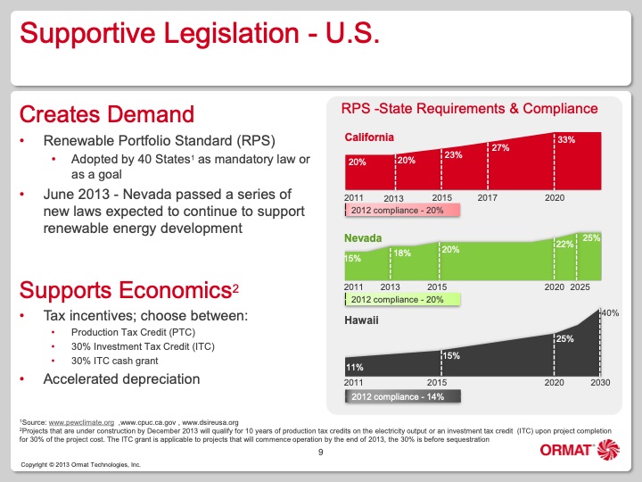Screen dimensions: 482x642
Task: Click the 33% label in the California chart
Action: coord(565,140)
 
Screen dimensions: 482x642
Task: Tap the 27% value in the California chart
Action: coord(499,147)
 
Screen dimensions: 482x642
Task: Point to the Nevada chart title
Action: coord(364,238)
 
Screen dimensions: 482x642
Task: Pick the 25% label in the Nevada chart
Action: coord(591,237)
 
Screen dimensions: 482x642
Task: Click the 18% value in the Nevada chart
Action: coord(402,253)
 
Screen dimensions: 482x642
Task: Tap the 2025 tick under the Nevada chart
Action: coord(580,287)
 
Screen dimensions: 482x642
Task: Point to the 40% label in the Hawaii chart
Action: coord(611,312)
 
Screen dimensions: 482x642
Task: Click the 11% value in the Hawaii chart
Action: coord(355,367)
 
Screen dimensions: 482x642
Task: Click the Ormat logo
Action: coord(579,451)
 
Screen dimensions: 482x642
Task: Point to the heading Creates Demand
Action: coord(106,115)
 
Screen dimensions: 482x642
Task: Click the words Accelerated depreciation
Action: coord(121,378)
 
